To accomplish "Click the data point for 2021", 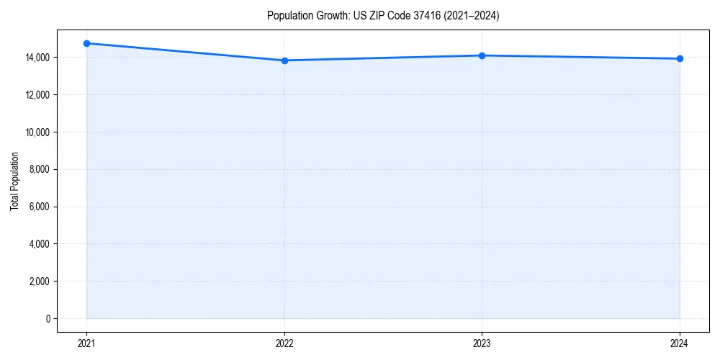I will coord(86,43).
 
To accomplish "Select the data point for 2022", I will coord(284,60).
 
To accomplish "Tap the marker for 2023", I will coord(482,55).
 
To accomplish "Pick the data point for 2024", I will coord(680,58).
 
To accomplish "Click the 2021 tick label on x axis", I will coord(86,343).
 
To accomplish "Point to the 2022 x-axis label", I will coord(284,343).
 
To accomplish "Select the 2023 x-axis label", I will coord(482,343).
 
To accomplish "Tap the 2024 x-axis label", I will coord(680,343).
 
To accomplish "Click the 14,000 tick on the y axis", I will coord(37,58).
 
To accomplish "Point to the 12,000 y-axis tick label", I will coord(37,95).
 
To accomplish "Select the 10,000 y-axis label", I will coord(37,132).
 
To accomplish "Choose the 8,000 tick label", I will coord(39,170).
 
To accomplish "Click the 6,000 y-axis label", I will coord(39,207).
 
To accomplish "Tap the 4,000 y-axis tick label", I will coord(39,244).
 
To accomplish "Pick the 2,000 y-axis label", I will coord(39,282).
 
